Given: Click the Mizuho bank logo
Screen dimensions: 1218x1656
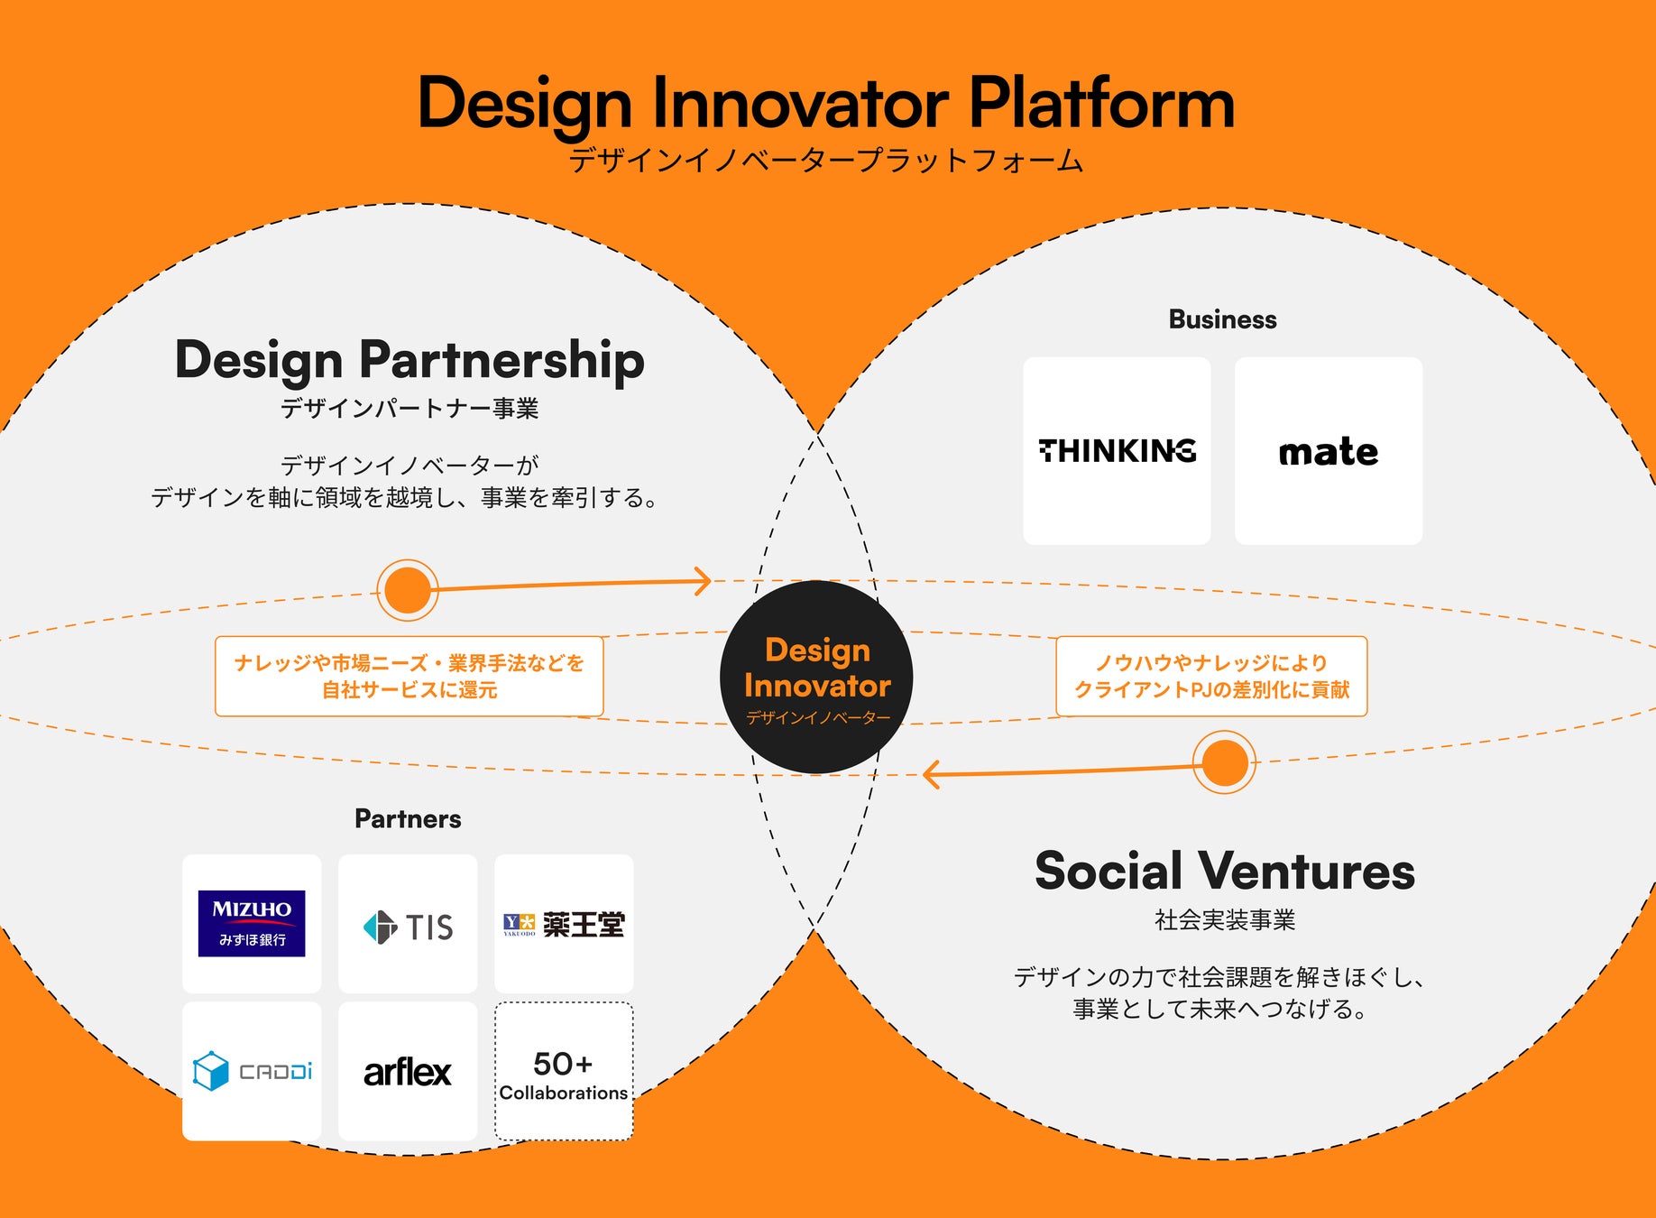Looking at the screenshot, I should (x=252, y=923).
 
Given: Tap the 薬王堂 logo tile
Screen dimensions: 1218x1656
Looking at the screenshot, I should (x=564, y=924).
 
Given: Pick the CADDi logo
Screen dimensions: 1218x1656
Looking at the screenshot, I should (x=252, y=1071).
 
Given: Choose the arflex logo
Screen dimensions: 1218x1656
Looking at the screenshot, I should (x=408, y=1072).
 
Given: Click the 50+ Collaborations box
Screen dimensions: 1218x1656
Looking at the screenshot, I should (x=564, y=1072).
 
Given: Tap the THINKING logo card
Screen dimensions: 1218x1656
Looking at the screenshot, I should (x=1117, y=451).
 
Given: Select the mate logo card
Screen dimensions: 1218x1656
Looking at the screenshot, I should (x=1328, y=451).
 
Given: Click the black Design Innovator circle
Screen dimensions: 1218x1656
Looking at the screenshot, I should (x=816, y=677).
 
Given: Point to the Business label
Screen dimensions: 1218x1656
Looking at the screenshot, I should (x=1222, y=319).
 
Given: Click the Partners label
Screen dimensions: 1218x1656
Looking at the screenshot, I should (x=408, y=818).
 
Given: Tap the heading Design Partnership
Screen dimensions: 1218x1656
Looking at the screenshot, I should (x=409, y=359).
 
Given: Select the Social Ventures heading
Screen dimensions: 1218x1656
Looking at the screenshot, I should (x=1225, y=871).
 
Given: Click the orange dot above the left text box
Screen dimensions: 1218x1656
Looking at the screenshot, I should (x=408, y=590).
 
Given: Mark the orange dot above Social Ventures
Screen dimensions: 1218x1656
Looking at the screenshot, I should (x=1224, y=762).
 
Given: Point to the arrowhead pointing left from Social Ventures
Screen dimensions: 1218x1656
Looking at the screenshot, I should (x=932, y=774).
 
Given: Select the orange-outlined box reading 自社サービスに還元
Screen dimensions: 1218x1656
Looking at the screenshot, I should (x=409, y=677).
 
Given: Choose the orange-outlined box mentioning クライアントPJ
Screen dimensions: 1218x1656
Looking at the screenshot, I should (x=1211, y=677).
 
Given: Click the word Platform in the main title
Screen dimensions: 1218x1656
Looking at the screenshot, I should (x=1101, y=103).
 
